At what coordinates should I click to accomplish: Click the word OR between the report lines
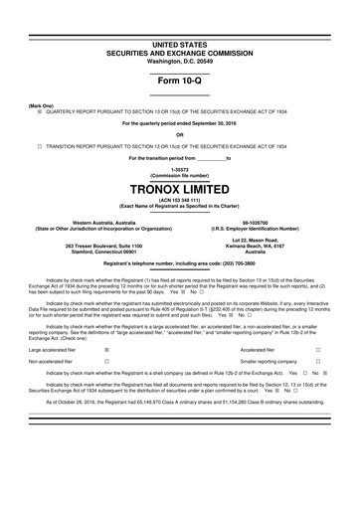180,134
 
